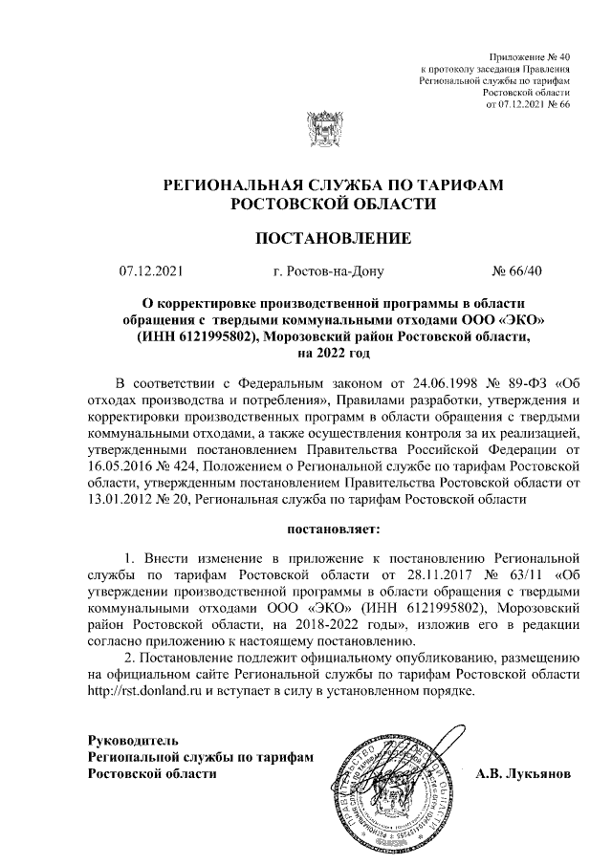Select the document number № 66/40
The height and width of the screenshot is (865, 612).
click(516, 270)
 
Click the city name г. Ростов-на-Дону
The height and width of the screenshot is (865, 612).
click(328, 270)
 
